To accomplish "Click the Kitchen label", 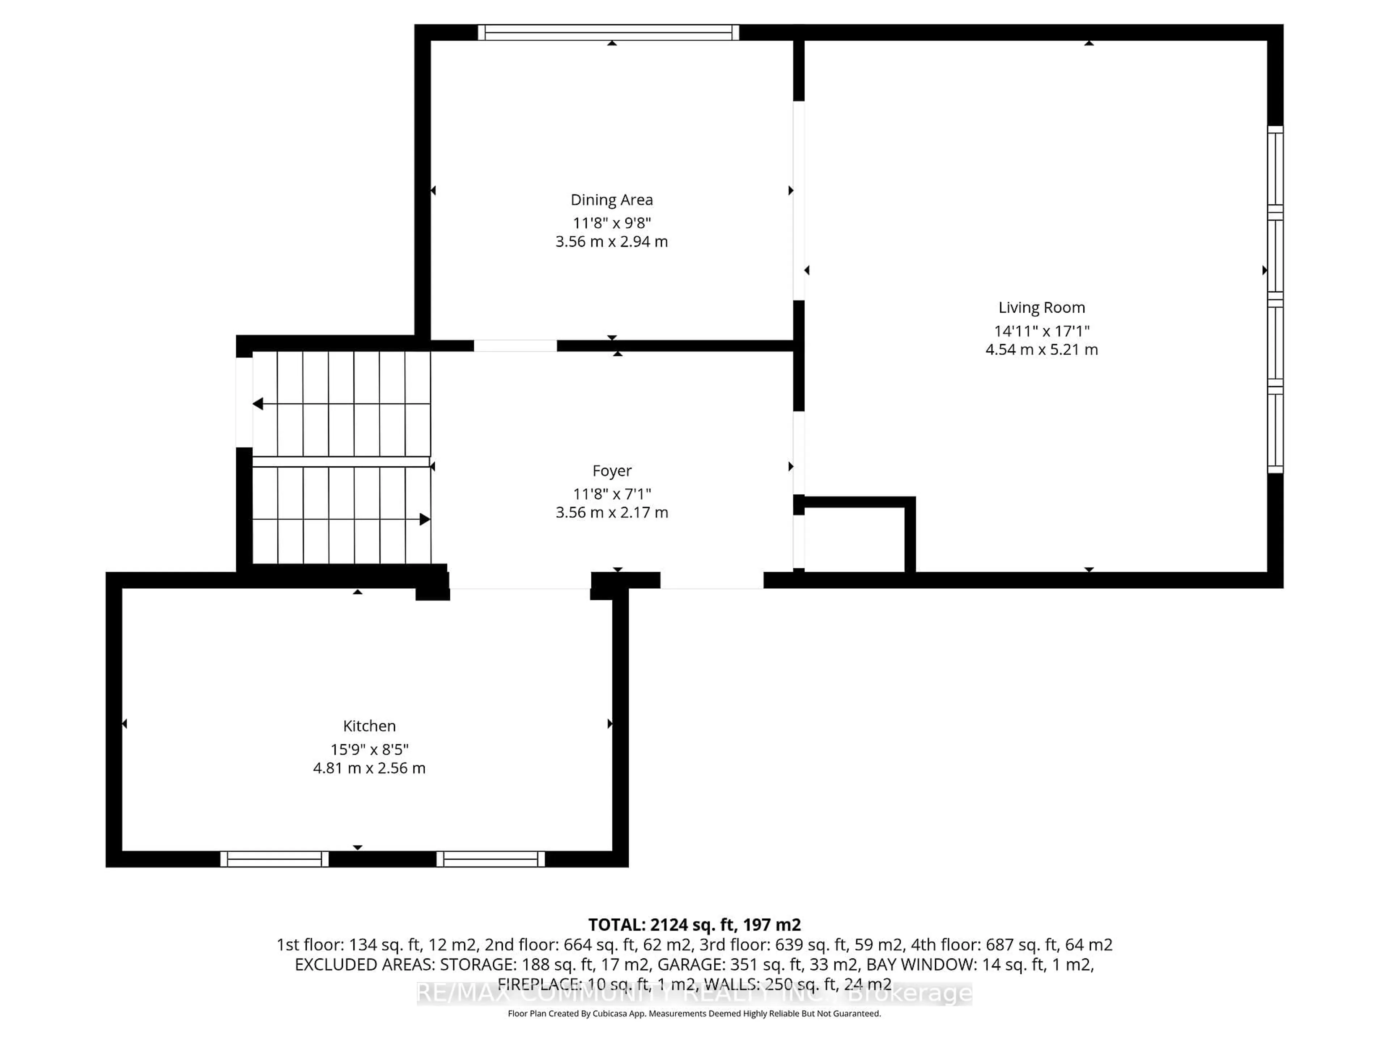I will tap(369, 726).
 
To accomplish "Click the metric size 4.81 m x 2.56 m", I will tap(369, 768).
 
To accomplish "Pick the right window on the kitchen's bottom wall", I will tap(490, 859).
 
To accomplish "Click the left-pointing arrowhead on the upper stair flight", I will tap(258, 404).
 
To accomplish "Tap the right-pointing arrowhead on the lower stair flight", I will tap(425, 520).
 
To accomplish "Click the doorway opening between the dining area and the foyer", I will tap(515, 346).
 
